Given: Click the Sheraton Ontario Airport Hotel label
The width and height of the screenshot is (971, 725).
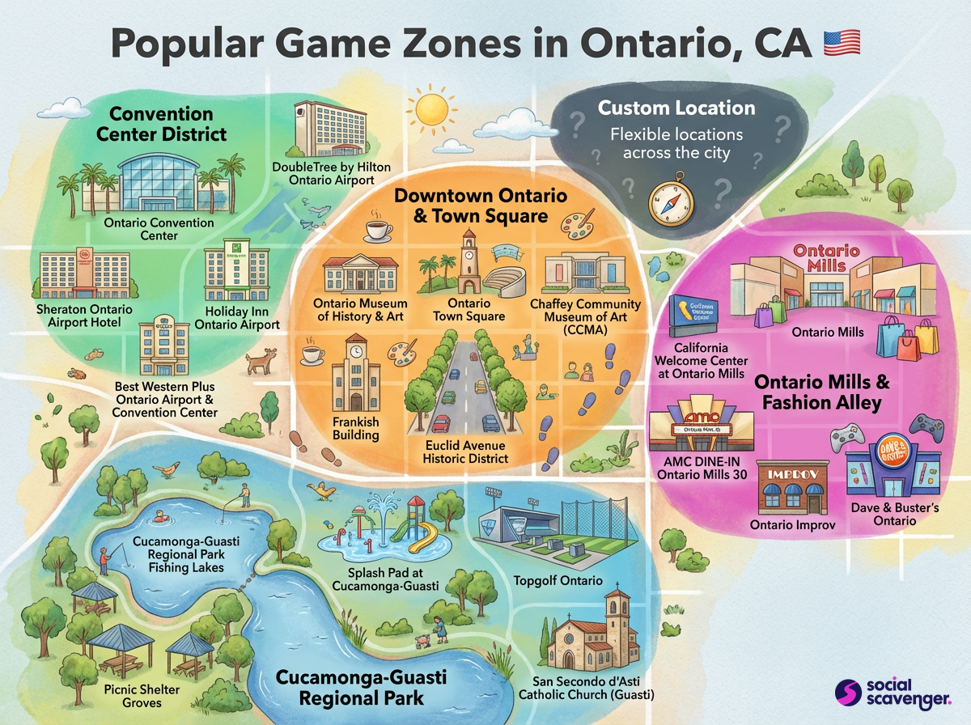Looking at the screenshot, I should click(84, 316).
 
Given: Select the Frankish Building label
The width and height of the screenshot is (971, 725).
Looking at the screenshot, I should click(356, 429).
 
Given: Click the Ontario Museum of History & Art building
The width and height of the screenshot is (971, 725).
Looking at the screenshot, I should click(360, 276).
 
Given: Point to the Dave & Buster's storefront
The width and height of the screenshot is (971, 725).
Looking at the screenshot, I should click(893, 469).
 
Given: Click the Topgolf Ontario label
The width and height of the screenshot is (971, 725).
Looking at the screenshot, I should click(558, 580).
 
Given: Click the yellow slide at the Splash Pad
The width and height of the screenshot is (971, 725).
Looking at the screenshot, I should click(426, 534).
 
